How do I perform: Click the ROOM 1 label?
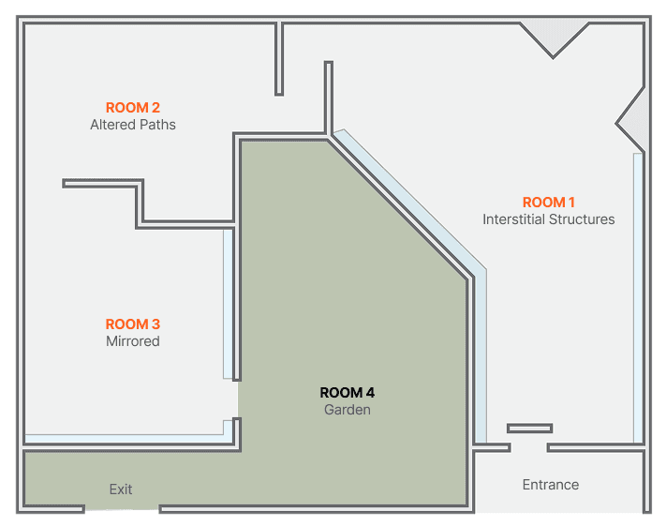(548, 202)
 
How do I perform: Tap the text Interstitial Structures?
(548, 219)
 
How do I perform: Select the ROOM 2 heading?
(132, 108)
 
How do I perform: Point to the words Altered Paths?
(132, 125)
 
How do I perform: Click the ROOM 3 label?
(132, 324)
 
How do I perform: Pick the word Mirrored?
(132, 341)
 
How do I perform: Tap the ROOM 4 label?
(347, 393)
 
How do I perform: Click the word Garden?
(347, 410)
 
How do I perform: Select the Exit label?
(121, 489)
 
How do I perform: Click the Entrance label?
(551, 485)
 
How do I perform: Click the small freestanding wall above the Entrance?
(529, 428)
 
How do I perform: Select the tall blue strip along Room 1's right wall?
(638, 298)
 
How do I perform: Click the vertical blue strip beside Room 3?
(228, 304)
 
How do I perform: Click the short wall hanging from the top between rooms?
(279, 59)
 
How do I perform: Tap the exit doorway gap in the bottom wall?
(122, 508)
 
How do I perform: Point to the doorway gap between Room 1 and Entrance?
(529, 447)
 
